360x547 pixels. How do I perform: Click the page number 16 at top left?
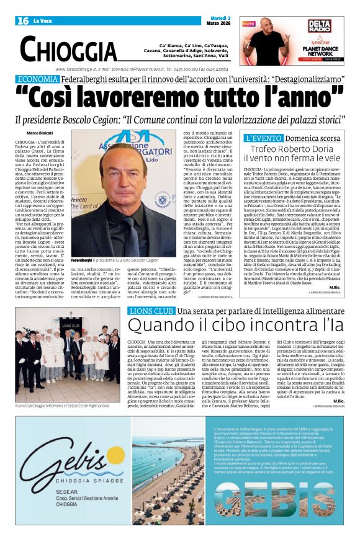coord(22,21)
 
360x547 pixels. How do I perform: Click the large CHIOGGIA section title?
coord(68,48)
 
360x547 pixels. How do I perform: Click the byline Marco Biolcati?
coord(40,133)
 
